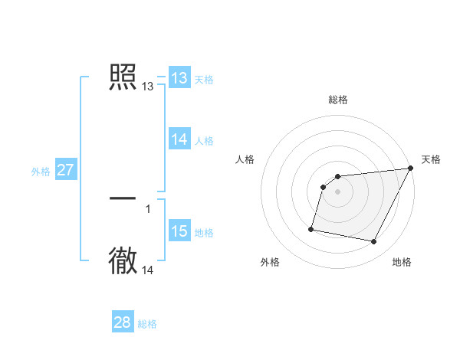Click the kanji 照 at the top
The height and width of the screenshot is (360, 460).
click(x=123, y=77)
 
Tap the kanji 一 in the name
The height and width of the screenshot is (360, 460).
click(x=123, y=198)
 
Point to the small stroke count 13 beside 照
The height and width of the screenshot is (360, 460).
click(x=148, y=87)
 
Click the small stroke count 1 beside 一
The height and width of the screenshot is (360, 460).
click(x=148, y=208)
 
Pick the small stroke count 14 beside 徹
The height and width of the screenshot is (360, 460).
click(x=148, y=270)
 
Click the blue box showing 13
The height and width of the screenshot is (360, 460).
click(x=179, y=78)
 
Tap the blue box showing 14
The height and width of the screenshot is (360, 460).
click(x=179, y=139)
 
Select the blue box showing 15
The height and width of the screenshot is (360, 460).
click(x=179, y=231)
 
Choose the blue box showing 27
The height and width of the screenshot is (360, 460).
click(x=65, y=170)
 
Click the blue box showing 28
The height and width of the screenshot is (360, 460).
click(x=123, y=322)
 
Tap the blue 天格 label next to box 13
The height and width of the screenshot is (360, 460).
click(x=204, y=79)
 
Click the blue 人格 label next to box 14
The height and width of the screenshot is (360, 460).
click(x=204, y=140)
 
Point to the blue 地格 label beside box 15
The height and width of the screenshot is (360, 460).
click(x=204, y=232)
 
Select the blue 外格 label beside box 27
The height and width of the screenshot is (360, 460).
click(x=41, y=172)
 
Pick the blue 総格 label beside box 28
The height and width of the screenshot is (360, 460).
click(x=147, y=324)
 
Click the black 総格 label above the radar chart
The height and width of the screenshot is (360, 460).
click(x=338, y=100)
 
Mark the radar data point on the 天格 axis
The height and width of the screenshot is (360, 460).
click(x=410, y=168)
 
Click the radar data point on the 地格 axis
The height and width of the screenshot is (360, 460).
click(x=374, y=241)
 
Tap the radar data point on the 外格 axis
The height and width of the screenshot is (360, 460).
click(x=311, y=228)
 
